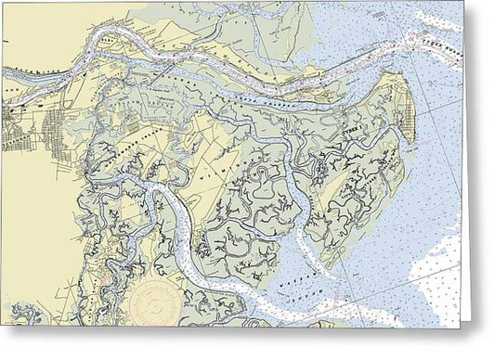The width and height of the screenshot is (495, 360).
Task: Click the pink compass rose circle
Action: tap(159, 305)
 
